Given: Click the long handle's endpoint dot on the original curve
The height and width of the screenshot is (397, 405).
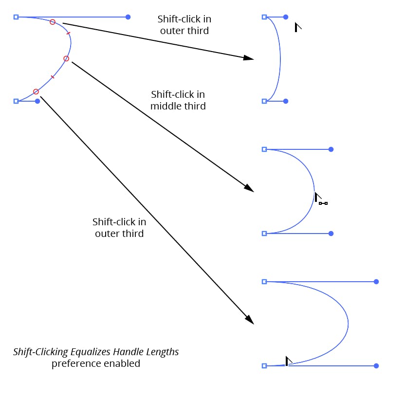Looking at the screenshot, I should tap(128, 17).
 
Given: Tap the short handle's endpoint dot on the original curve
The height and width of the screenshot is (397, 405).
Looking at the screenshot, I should tap(37, 101).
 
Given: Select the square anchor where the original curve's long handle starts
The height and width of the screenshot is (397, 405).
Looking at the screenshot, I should tap(16, 17).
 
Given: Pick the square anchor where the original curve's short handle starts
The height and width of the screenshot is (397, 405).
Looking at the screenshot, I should tap(16, 101).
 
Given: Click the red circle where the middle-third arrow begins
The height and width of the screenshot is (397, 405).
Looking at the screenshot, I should tap(66, 59).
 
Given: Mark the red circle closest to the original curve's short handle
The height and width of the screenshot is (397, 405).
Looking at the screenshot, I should tap(36, 91).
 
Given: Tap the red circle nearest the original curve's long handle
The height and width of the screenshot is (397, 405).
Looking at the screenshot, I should tap(53, 22).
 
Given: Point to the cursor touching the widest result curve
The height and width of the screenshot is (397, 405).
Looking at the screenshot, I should tap(288, 361).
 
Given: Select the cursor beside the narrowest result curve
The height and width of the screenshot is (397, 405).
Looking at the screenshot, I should tap(297, 27).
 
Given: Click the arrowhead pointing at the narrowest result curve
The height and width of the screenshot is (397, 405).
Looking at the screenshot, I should tap(249, 57).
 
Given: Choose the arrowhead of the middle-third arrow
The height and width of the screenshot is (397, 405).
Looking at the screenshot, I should tap(249, 188).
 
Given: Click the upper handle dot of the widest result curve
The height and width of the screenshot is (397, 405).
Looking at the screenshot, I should tap(376, 282).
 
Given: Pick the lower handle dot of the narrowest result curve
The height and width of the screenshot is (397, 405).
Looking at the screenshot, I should tap(286, 101).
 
